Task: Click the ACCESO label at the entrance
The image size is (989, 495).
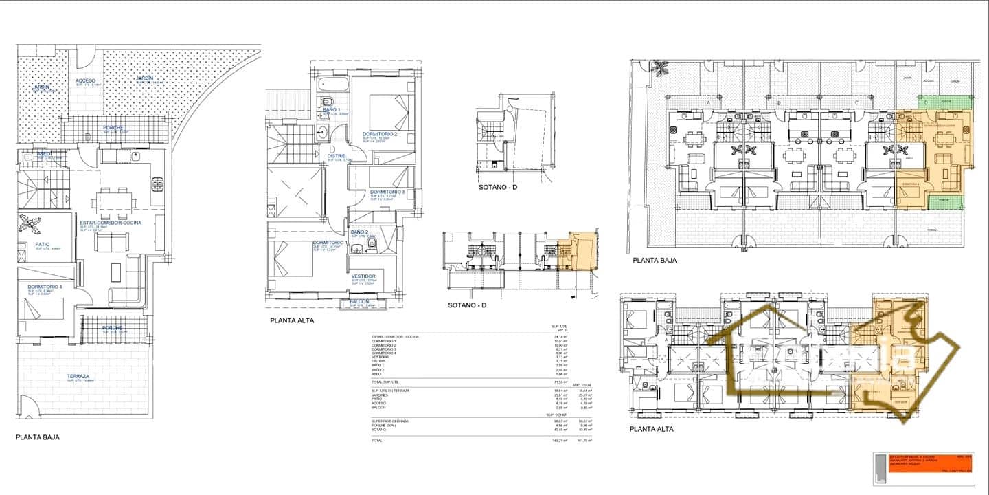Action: (86, 80)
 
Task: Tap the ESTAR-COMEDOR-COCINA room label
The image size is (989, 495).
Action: (111, 223)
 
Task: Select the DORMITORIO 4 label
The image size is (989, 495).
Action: (45, 286)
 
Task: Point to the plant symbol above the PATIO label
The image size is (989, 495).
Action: (30, 224)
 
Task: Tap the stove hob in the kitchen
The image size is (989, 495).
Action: (157, 184)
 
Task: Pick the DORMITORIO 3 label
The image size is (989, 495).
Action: (387, 192)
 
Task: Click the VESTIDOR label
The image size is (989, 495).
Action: (363, 276)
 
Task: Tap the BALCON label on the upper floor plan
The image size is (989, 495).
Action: (359, 301)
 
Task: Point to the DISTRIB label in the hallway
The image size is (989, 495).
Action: (337, 156)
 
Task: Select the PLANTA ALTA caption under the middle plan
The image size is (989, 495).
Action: (292, 320)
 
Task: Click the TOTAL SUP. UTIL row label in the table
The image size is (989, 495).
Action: (385, 382)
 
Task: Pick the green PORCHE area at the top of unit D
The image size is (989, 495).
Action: (945, 102)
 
